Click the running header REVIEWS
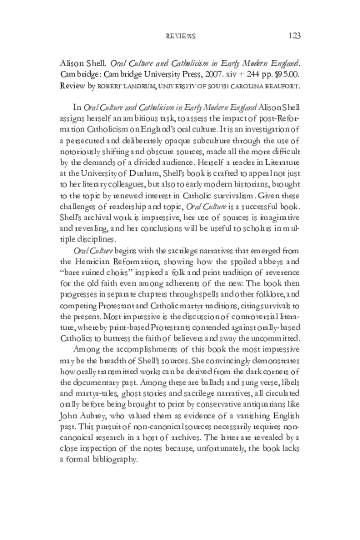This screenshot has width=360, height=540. [x=179, y=36]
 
